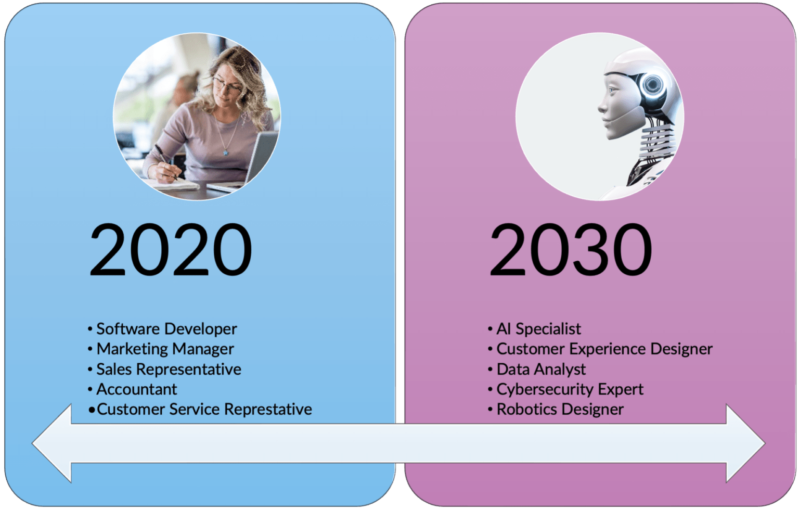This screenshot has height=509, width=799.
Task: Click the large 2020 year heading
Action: [171, 250]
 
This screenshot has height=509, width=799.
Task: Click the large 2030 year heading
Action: [571, 250]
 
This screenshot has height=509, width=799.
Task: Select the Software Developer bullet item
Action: [166, 329]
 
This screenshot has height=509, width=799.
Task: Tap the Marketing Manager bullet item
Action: [165, 349]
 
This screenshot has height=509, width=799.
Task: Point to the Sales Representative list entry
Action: [169, 369]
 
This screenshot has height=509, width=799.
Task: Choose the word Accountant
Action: [136, 389]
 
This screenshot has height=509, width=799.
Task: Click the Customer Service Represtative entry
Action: [204, 410]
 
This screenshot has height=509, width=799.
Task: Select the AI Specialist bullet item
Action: [538, 329]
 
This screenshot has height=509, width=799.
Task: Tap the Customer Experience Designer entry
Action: [604, 349]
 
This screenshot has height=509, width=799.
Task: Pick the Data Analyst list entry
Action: [541, 369]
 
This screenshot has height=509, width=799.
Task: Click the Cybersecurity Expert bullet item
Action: [570, 389]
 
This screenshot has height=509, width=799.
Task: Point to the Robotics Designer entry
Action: [560, 410]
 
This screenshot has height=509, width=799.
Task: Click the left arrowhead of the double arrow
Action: [52, 443]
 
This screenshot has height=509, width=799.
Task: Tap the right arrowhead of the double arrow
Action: [745, 443]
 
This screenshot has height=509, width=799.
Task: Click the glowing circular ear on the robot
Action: [652, 84]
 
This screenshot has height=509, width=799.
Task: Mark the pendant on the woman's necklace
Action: [226, 152]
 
